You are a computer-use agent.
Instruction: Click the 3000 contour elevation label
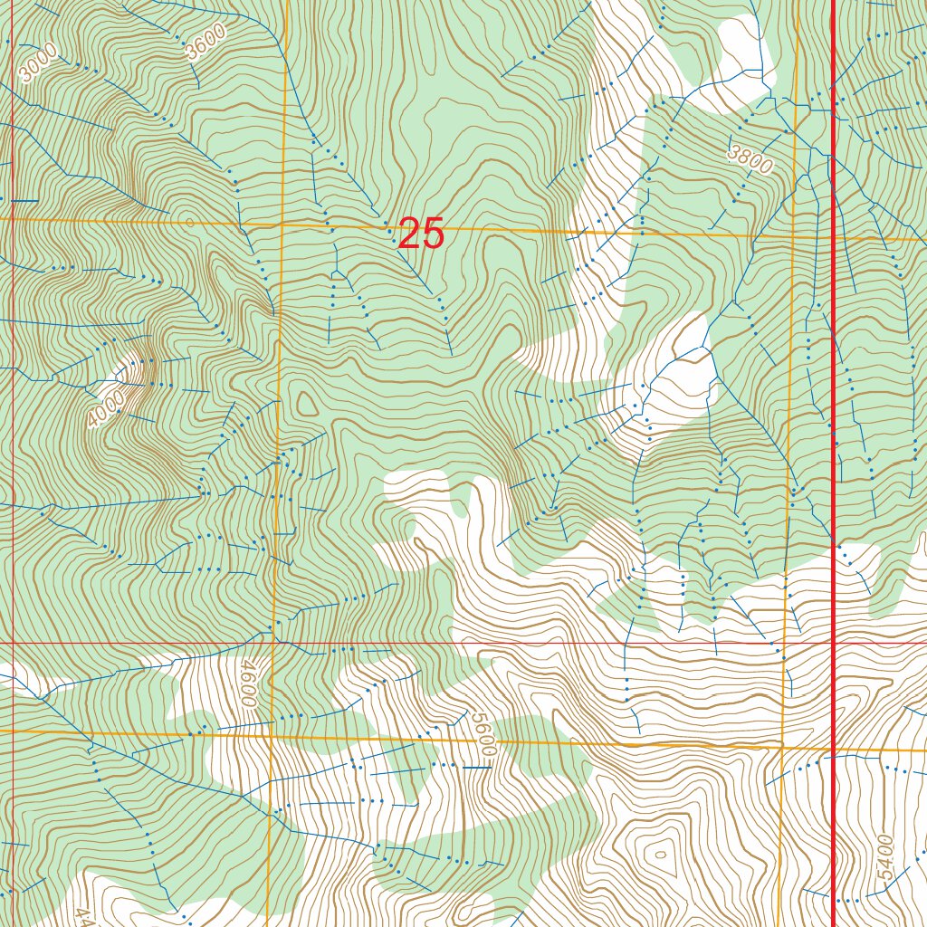(39, 63)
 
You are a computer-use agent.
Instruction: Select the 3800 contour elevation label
(750, 159)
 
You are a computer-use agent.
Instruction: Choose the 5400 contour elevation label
(885, 859)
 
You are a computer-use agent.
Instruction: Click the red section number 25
(421, 234)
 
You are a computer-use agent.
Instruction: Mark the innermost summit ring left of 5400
(659, 853)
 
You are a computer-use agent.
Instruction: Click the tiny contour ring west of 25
(188, 220)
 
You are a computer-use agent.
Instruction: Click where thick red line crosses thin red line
(833, 643)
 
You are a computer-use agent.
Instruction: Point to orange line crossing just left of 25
(282, 224)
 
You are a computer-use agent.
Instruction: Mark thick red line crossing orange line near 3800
(833, 238)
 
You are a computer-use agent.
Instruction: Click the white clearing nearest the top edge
(742, 45)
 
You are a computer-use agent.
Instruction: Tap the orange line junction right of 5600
(782, 748)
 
